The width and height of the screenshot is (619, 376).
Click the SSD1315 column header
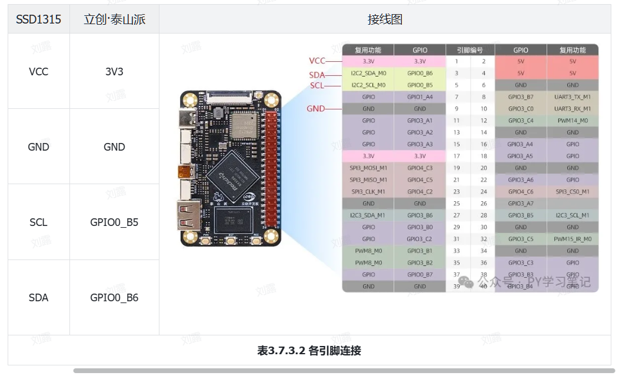(x=39, y=19)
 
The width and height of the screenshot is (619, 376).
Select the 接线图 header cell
(x=385, y=19)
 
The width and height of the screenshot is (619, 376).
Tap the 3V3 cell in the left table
(x=114, y=72)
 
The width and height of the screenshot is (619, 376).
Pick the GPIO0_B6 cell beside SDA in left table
(x=114, y=298)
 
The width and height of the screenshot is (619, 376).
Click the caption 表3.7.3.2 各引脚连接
(x=309, y=351)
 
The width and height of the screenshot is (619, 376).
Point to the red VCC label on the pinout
(x=317, y=61)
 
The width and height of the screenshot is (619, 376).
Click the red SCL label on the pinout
(x=317, y=85)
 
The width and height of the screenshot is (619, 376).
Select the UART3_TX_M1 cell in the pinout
(x=573, y=97)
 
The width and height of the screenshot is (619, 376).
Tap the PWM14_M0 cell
(x=573, y=121)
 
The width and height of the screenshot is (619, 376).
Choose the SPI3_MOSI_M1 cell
(x=368, y=168)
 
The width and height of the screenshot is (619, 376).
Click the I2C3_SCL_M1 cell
(x=573, y=215)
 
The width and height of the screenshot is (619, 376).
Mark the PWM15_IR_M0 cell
(x=573, y=239)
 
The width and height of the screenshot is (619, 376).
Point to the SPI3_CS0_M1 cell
(x=573, y=192)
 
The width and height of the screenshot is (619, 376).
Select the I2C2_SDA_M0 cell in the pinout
(x=368, y=74)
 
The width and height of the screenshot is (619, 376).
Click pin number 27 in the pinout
(x=456, y=215)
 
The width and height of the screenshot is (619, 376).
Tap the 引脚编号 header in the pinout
(x=470, y=50)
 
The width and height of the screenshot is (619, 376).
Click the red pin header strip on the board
(x=272, y=171)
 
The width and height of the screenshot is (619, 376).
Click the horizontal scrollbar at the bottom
(x=344, y=371)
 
